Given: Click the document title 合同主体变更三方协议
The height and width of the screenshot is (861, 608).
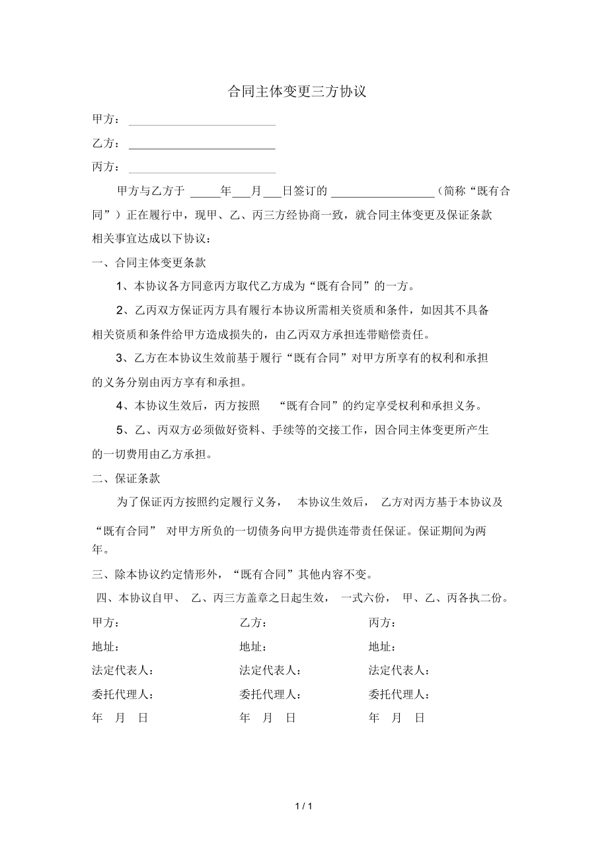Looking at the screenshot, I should coord(297,92).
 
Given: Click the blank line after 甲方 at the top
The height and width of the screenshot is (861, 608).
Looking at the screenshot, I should coord(202,124).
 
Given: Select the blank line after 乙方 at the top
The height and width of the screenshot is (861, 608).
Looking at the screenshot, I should coord(202,147).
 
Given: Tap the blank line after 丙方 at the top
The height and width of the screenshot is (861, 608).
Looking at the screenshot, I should coord(202,171).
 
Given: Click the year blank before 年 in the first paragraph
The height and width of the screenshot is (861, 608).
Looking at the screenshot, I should coord(206,195).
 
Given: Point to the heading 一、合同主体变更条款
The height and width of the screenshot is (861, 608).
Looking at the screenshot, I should coord(149,263).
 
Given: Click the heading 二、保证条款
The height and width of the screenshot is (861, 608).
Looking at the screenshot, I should coord(126,478).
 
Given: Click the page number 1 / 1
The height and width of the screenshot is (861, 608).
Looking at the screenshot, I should coord(303,806).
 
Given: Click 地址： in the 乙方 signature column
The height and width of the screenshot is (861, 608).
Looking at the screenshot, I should coord(253,647).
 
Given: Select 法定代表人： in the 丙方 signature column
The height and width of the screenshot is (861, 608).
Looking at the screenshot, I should coord(400,671).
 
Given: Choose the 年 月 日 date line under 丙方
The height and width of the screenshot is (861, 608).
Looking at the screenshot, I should coord(397,718).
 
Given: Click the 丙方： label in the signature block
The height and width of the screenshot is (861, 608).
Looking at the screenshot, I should coord(383,623).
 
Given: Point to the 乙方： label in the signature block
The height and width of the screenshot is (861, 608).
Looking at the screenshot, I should coord(253,623).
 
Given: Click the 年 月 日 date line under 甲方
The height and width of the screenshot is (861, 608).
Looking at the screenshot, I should coord(120,718).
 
